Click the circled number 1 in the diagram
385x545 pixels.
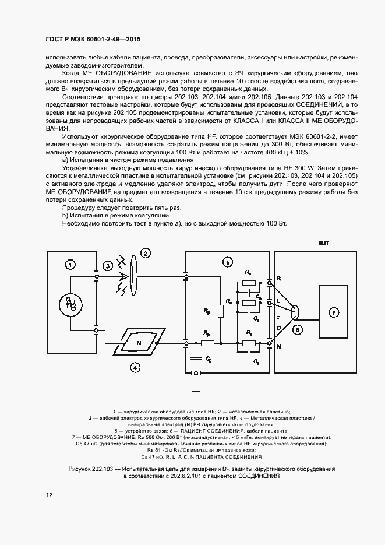tap(70, 266)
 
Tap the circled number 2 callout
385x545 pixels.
tap(146, 253)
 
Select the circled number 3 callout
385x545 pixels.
tap(108, 266)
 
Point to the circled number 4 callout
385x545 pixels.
tap(135, 368)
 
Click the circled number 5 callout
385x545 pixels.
tap(228, 262)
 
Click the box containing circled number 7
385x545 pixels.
tap(334, 312)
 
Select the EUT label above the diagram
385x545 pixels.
tap(323, 242)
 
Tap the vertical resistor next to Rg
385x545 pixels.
tap(221, 311)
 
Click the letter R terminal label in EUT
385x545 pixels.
tap(279, 279)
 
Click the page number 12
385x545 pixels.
tap(49, 495)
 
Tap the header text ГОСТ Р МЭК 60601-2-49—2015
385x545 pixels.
tap(93, 40)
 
